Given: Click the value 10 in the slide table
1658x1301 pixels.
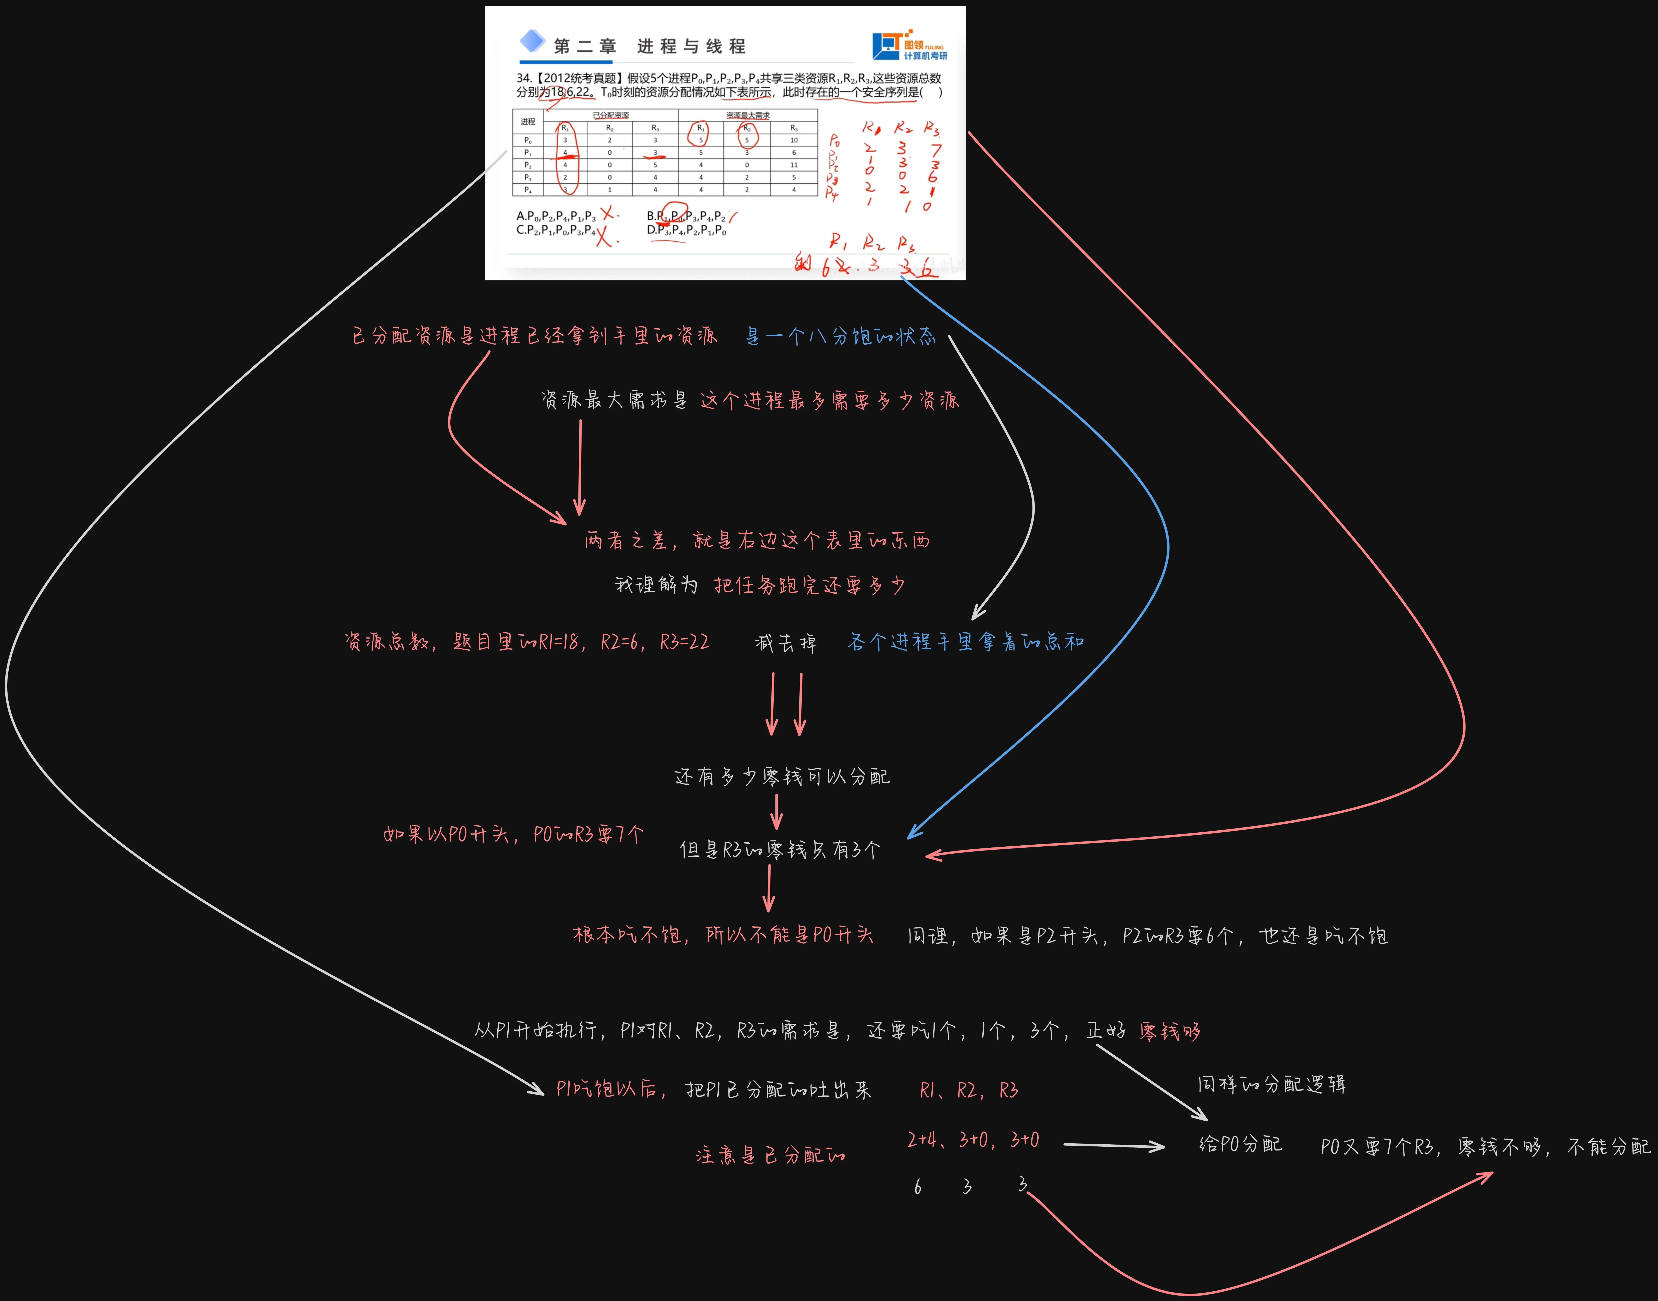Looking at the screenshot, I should [794, 140].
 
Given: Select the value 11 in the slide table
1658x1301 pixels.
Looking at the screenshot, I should [794, 165].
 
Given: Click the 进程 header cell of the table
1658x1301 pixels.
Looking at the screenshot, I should [528, 121].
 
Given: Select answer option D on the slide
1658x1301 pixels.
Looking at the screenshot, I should [685, 230].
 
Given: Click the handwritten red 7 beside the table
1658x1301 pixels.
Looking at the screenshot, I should [935, 150].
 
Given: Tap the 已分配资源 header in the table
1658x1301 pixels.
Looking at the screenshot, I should [611, 115].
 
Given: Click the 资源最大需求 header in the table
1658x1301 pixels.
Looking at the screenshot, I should [747, 115].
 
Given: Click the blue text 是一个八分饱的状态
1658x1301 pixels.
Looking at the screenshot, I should [840, 336].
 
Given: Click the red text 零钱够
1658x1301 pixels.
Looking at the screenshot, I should [1170, 1031].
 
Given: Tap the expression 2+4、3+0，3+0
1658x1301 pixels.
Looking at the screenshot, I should [973, 1139].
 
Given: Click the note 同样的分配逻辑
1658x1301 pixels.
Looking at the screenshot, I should [1271, 1084].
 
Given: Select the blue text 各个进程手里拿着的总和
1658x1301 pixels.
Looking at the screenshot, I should [966, 642].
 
